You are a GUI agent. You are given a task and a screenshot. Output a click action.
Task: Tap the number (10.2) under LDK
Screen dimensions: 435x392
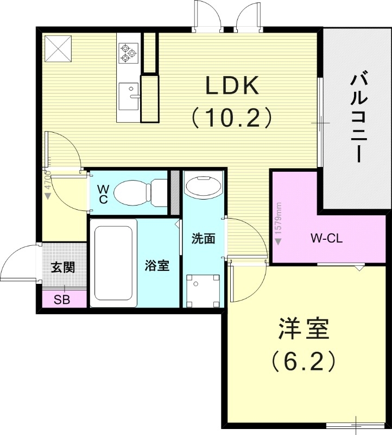pos(230,117)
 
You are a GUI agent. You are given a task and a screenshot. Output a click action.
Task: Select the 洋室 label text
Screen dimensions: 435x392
pos(304,330)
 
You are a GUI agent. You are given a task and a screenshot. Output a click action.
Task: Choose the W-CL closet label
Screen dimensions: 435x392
pos(326,238)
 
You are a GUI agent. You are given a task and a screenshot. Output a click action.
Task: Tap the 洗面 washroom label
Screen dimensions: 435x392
pos(203,239)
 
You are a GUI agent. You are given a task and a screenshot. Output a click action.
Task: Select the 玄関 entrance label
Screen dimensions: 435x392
pos(62,268)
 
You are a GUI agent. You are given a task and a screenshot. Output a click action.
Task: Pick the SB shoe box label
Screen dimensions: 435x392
pos(61,300)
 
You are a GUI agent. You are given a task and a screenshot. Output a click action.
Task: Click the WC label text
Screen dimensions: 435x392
pos(104,194)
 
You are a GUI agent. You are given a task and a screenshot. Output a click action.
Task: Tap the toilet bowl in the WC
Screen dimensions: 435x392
pos(133,192)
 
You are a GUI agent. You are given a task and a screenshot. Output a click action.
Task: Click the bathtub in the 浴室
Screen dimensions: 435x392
pos(115,263)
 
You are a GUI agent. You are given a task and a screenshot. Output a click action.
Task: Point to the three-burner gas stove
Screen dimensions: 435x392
pos(128,53)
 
